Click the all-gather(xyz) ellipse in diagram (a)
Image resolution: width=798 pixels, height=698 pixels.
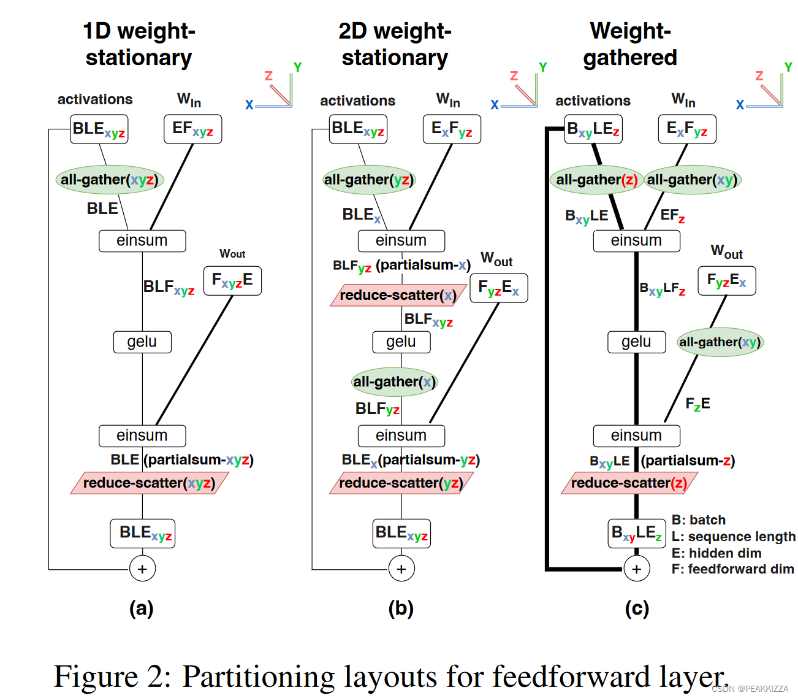[109, 180]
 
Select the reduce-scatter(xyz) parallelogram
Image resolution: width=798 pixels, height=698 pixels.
[149, 483]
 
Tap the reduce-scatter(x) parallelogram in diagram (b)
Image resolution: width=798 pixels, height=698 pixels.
[397, 295]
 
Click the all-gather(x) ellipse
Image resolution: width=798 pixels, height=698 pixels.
[394, 382]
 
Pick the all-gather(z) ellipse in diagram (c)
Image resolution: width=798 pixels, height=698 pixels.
[596, 180]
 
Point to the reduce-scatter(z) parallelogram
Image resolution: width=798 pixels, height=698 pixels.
[629, 483]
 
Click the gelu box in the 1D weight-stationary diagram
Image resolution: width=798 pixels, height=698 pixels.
[142, 342]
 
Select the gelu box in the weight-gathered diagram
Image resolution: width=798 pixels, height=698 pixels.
[636, 342]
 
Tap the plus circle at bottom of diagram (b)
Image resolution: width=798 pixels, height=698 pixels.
[401, 569]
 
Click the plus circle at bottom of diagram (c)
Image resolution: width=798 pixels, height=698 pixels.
[637, 569]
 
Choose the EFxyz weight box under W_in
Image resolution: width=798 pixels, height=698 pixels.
[192, 129]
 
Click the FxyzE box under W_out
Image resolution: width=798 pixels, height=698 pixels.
[232, 280]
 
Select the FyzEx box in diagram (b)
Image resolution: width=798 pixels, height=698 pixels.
[498, 288]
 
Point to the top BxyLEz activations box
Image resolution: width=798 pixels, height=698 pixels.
[593, 129]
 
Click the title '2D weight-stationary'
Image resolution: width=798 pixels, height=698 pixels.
[395, 44]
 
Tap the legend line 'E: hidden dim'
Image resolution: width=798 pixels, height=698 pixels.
[716, 553]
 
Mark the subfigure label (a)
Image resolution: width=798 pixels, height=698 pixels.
[142, 608]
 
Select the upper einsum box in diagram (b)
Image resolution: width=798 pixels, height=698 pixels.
[401, 240]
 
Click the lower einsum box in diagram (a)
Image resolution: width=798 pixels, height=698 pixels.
[142, 435]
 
